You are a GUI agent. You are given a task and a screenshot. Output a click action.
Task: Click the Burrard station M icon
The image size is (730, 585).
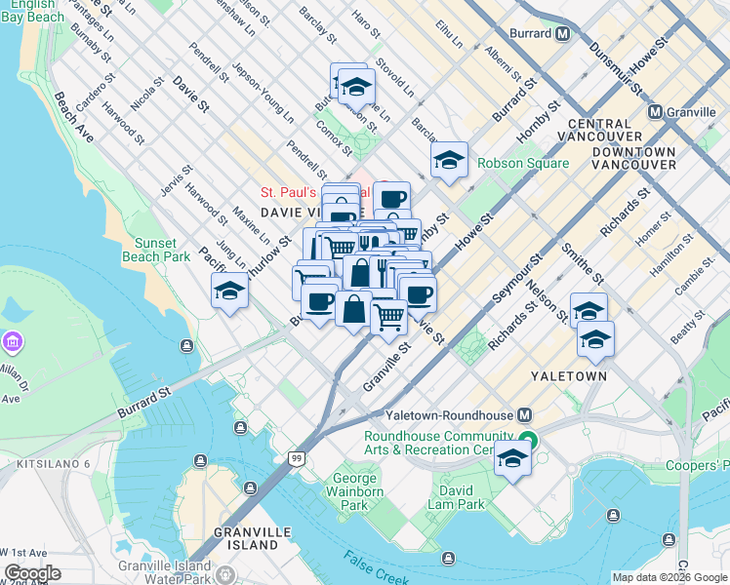click(563, 34)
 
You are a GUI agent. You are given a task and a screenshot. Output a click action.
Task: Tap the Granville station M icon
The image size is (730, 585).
click(654, 112)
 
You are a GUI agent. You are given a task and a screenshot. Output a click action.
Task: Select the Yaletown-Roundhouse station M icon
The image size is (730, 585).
click(525, 414)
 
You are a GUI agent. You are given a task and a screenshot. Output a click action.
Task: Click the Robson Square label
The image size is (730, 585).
click(522, 163)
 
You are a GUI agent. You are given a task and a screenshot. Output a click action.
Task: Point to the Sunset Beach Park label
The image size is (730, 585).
click(156, 250)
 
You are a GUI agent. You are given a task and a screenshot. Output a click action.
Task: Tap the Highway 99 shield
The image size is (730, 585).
click(296, 457)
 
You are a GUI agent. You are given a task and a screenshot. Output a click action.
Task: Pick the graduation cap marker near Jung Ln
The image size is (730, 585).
click(229, 291)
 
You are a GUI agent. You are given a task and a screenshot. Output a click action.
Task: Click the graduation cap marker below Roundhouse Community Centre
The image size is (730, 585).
click(512, 458)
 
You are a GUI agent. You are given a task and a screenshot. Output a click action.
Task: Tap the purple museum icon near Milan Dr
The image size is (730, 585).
click(13, 342)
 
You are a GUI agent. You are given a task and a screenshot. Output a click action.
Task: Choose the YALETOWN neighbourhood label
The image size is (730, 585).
click(569, 375)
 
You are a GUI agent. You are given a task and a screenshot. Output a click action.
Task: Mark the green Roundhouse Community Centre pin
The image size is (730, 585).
click(528, 441)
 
